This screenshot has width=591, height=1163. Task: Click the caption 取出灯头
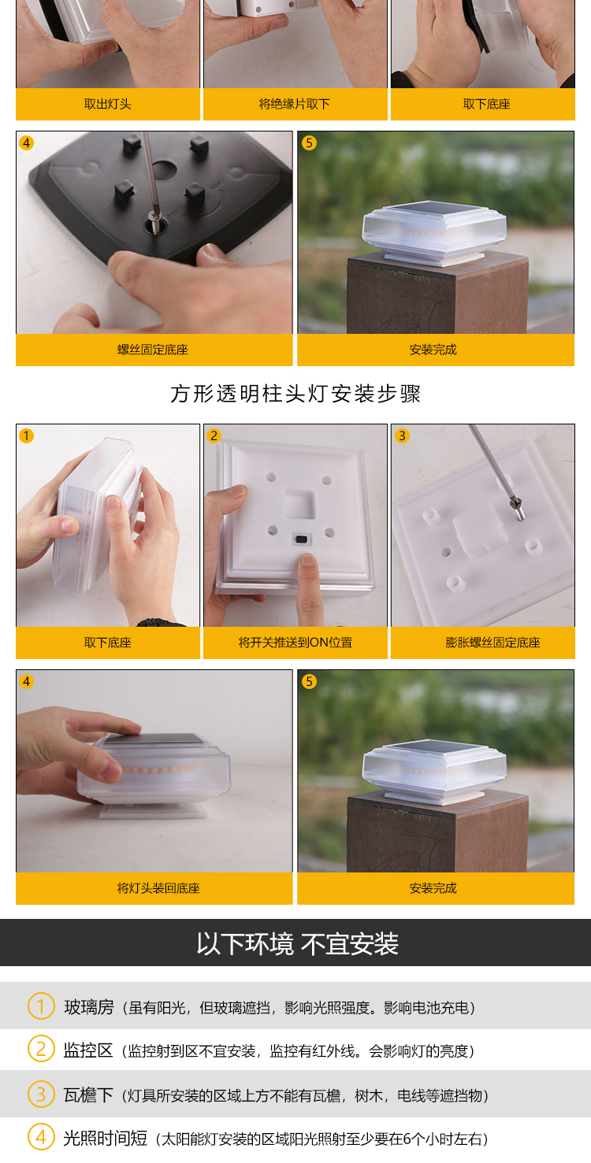coord(108,104)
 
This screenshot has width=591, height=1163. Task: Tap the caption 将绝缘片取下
coord(295,104)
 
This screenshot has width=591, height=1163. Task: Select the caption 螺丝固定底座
coord(153,350)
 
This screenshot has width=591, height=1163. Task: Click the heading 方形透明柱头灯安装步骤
coord(295,394)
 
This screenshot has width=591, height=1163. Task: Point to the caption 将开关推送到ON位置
coord(295,643)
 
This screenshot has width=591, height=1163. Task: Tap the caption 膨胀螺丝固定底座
coord(492,643)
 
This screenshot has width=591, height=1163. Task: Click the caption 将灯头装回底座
coord(158,888)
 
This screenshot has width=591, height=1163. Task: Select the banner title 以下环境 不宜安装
coord(297,943)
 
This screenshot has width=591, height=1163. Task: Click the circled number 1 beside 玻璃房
coord(41,1006)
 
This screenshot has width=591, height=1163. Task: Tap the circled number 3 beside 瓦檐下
coord(41,1094)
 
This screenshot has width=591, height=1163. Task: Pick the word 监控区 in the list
coord(87,1050)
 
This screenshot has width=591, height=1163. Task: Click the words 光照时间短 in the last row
coord(105,1138)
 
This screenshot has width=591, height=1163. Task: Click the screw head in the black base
coord(154,216)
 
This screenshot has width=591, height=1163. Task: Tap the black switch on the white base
coord(301,539)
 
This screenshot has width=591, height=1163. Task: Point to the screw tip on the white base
coord(521,515)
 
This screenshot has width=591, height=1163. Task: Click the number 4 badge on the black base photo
coord(27,143)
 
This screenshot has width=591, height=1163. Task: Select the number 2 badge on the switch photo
coord(214,435)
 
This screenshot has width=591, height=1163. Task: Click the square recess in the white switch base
coord(300,504)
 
